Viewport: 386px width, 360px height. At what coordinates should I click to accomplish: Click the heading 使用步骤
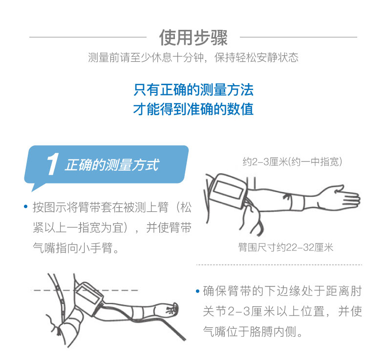193,37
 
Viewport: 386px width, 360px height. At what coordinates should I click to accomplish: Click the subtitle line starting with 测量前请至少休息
193,58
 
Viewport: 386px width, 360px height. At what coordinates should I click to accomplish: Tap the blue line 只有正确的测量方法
193,90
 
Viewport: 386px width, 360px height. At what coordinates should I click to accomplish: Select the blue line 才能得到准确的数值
193,109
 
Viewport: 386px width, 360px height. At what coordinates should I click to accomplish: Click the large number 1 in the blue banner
52,165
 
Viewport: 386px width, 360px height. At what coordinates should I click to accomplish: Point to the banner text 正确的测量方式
112,165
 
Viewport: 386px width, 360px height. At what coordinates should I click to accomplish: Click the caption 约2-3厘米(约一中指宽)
292,161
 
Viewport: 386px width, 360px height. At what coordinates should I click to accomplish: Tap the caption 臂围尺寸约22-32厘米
286,247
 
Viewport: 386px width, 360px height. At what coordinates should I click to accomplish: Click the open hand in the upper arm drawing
345,197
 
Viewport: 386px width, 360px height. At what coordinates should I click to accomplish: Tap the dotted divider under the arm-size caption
278,265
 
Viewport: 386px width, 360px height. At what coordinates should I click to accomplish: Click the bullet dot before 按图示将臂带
25,207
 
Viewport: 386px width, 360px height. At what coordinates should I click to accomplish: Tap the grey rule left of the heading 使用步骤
88,37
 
